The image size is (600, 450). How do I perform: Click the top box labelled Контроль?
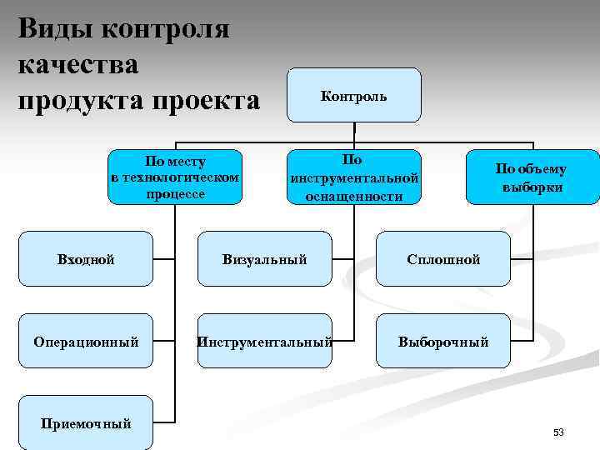[354, 96]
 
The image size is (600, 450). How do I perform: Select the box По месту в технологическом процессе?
[175, 177]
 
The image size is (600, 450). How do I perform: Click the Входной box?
[86, 259]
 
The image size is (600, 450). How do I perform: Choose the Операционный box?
[86, 341]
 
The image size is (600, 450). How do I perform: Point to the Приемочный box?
[86, 423]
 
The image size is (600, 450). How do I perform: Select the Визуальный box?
[265, 259]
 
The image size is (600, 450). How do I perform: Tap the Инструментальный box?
[265, 341]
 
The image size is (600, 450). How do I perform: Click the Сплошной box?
[443, 259]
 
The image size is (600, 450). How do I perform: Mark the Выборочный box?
[443, 341]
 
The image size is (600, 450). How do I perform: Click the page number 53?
[558, 432]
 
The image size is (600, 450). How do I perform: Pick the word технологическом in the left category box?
[175, 177]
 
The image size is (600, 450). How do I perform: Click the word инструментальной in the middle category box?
[354, 178]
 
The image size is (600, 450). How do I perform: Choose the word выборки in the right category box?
[532, 187]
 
